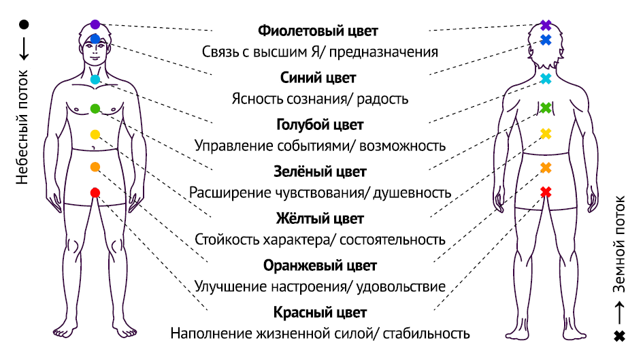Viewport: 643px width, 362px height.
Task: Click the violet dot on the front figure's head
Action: (x=95, y=24)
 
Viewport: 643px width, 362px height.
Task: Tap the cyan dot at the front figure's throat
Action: (x=95, y=80)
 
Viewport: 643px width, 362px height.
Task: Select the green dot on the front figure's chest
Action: (x=95, y=109)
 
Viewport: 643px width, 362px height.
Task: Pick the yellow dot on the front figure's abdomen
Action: (x=95, y=135)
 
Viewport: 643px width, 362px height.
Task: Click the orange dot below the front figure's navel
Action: (x=95, y=167)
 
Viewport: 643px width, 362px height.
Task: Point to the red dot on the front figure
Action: (x=95, y=193)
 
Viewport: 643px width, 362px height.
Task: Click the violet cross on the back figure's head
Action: (x=546, y=25)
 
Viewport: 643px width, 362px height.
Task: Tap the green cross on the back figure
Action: (x=546, y=108)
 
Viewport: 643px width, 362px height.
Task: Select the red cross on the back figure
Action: (x=546, y=192)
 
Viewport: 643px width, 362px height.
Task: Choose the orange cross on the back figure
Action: (x=546, y=167)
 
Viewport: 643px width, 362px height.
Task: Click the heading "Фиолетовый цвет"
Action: (x=318, y=31)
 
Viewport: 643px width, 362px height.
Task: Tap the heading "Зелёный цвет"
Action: (x=320, y=171)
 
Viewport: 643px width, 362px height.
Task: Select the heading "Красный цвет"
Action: (x=320, y=313)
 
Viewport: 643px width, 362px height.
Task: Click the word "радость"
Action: (x=382, y=99)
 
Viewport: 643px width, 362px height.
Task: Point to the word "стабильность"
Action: (x=426, y=333)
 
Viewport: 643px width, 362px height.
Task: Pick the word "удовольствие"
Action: (x=401, y=287)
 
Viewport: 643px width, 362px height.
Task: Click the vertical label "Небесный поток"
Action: (x=22, y=127)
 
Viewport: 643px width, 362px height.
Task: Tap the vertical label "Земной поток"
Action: (x=619, y=244)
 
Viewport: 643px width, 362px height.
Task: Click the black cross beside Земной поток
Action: (x=619, y=336)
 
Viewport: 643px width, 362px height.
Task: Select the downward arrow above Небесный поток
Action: (x=24, y=49)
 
